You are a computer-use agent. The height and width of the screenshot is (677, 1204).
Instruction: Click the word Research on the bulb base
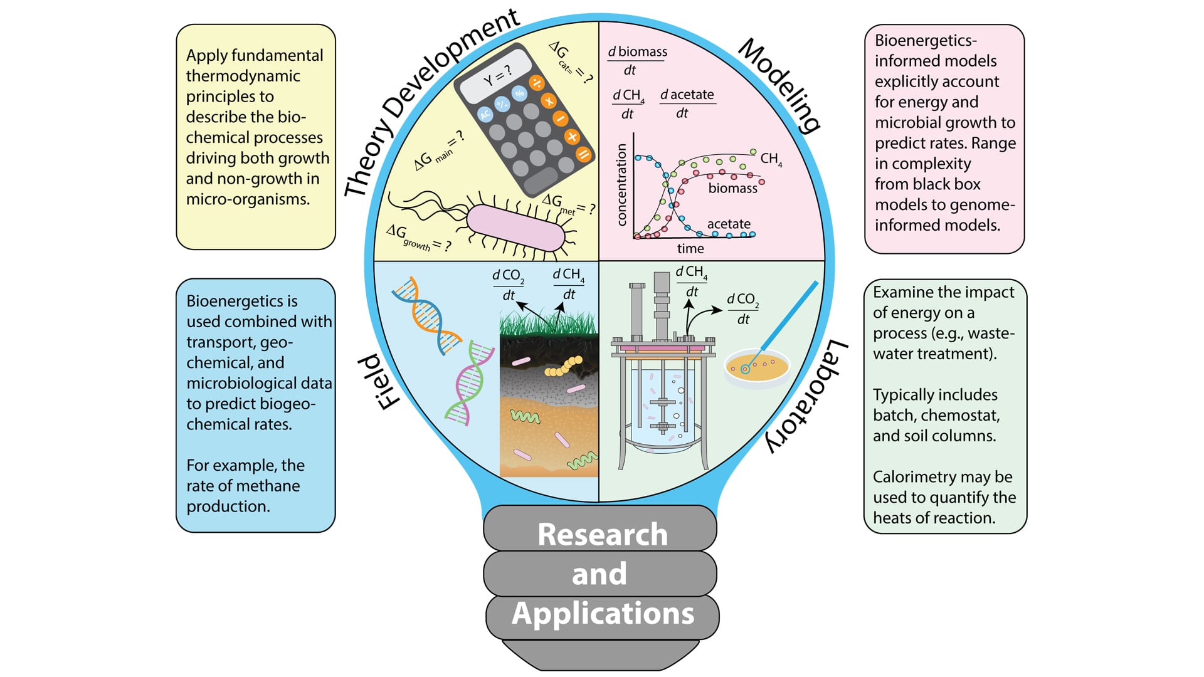(602, 535)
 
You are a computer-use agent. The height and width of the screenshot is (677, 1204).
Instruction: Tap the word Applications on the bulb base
(603, 614)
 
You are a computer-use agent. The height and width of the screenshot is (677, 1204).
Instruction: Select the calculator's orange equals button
(583, 154)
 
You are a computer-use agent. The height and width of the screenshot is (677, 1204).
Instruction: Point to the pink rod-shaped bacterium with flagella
(515, 228)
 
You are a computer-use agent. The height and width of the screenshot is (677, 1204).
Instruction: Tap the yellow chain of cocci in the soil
(564, 367)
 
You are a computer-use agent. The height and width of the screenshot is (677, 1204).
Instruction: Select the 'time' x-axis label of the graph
(690, 249)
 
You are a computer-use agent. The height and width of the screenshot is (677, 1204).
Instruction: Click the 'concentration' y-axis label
(621, 184)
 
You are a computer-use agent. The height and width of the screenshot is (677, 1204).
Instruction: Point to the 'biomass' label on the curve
(732, 188)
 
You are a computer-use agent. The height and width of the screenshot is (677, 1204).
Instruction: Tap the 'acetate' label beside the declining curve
(729, 224)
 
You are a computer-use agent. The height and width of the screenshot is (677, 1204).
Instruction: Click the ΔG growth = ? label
(418, 238)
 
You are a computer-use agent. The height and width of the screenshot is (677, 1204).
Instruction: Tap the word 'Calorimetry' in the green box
(912, 477)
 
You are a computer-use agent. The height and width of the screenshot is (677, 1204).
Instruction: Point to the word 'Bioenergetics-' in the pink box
(926, 41)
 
